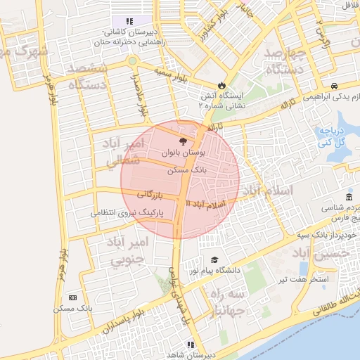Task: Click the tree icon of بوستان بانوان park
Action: coord(184,142)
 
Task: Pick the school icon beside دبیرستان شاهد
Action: coord(190,345)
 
